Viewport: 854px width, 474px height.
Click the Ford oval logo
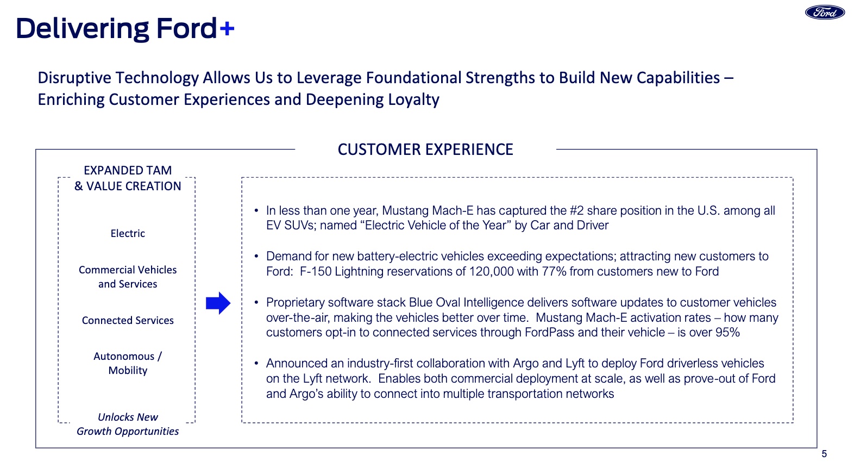click(x=825, y=12)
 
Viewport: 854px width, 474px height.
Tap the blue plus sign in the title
click(x=227, y=29)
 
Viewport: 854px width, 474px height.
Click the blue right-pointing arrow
click(x=218, y=303)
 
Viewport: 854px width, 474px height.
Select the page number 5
click(x=824, y=454)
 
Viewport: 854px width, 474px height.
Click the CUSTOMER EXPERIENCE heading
click(x=425, y=149)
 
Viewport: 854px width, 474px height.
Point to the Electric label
click(x=128, y=233)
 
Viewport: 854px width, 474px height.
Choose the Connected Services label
click(x=128, y=320)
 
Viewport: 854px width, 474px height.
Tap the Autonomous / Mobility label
click(x=128, y=363)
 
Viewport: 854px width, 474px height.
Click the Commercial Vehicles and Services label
click(x=128, y=277)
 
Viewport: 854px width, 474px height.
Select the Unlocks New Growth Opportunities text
click(x=128, y=424)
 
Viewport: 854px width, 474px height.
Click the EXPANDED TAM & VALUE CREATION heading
click(x=128, y=178)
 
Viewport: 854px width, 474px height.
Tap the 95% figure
click(x=728, y=333)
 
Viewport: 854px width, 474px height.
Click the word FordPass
click(x=549, y=333)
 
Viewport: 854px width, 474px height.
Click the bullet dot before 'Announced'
click(x=256, y=364)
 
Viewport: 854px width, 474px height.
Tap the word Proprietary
click(x=295, y=303)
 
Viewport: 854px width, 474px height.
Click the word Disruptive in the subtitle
click(x=75, y=78)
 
